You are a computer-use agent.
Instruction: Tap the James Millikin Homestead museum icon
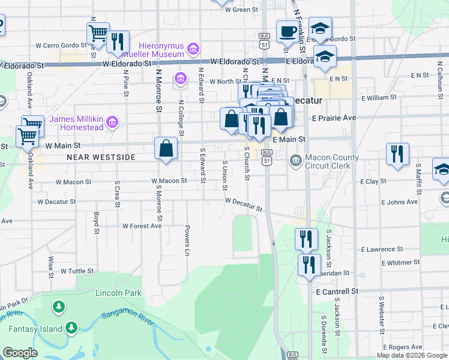112,123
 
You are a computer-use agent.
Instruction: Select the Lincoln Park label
118,293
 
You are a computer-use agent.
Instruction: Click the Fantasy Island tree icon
71,328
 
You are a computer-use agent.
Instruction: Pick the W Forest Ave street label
142,226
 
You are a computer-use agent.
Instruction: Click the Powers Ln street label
187,237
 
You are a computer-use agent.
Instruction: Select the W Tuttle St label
77,271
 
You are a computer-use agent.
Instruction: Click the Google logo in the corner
20,353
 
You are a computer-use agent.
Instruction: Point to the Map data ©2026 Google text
411,355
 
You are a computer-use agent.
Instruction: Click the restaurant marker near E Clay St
397,154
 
